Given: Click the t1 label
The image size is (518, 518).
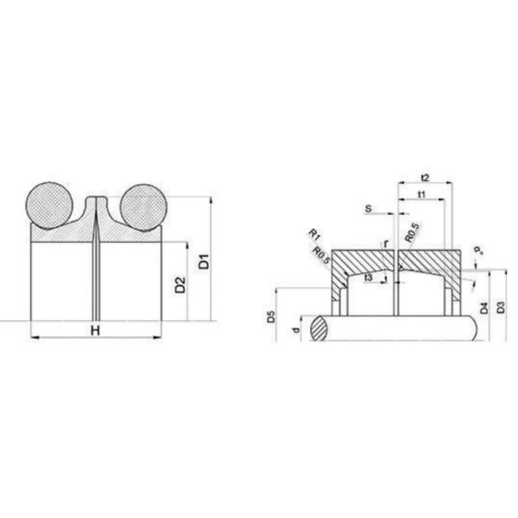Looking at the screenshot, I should pyautogui.click(x=421, y=194).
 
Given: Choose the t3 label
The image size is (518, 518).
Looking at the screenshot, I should pyautogui.click(x=369, y=277).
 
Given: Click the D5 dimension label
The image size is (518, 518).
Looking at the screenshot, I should pyautogui.click(x=270, y=317).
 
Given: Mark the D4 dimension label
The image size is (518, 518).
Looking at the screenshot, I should pyautogui.click(x=484, y=307).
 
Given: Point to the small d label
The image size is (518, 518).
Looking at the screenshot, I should pyautogui.click(x=296, y=329).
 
